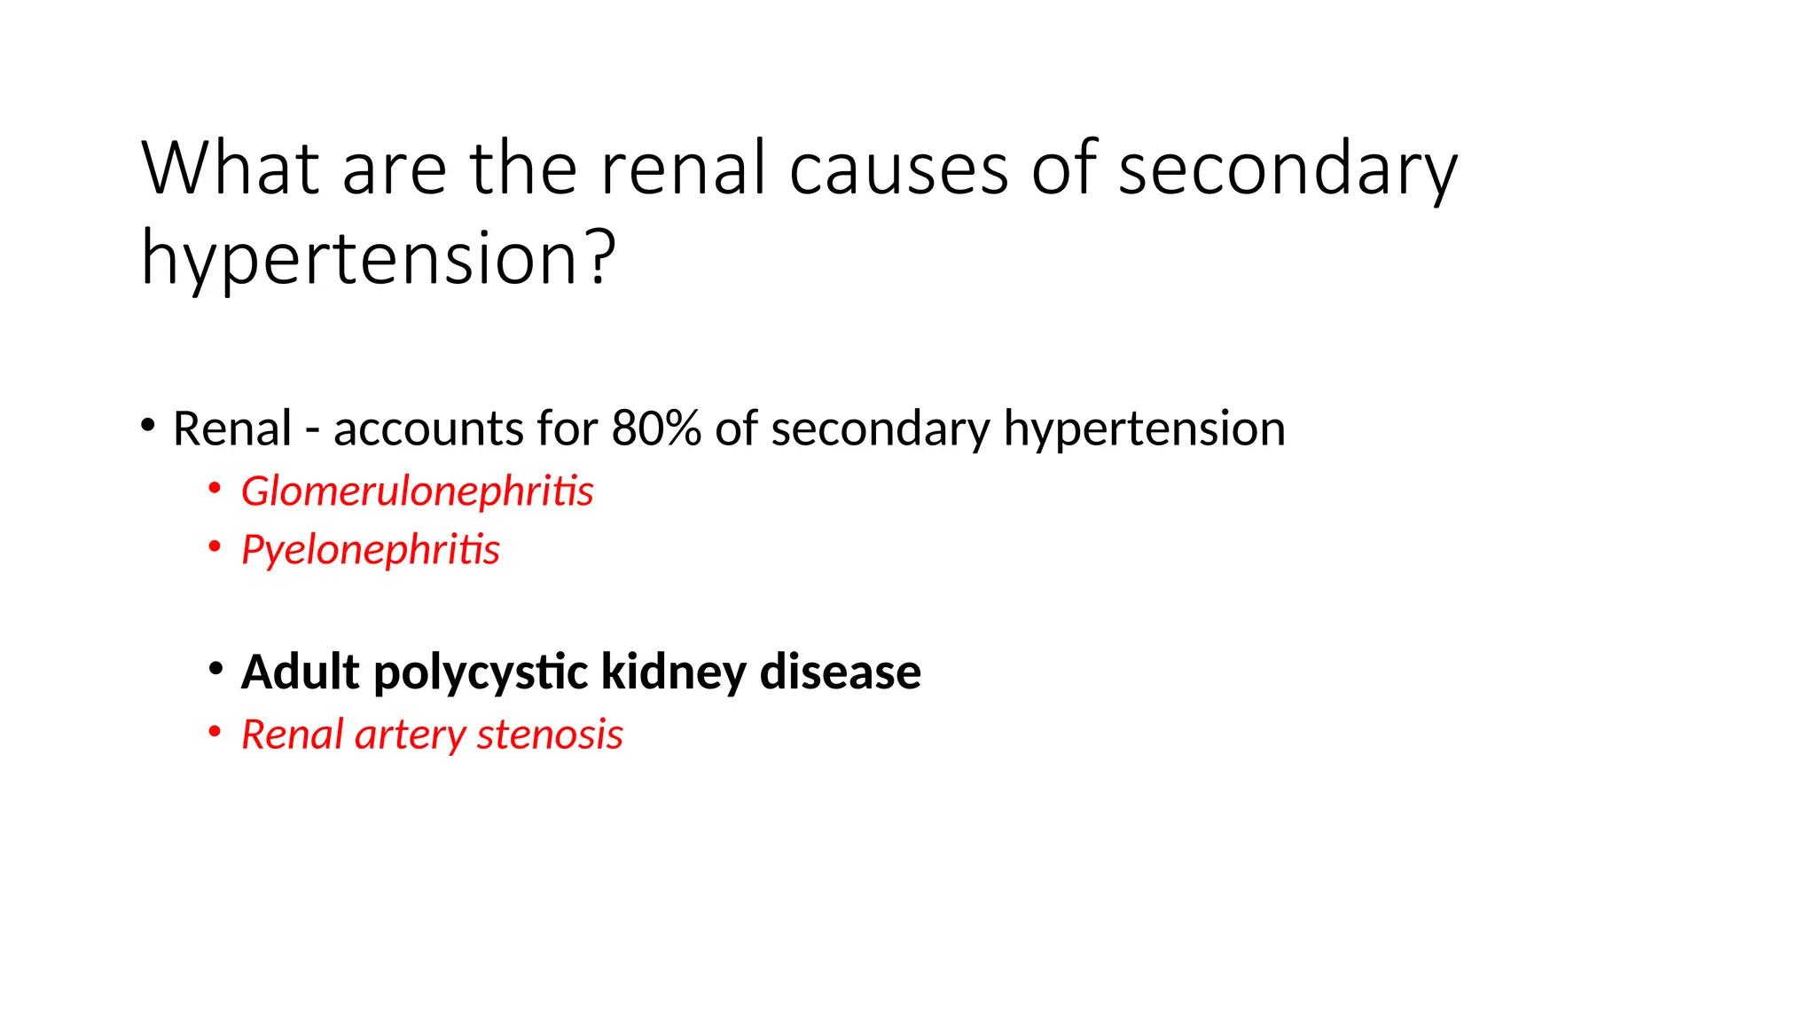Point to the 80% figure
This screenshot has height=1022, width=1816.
click(655, 428)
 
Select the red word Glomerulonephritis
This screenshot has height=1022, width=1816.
click(417, 491)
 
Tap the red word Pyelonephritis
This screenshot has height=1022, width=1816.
click(370, 549)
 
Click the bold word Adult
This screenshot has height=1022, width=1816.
click(301, 672)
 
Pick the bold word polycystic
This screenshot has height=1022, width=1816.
click(481, 672)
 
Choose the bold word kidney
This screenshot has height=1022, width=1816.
click(674, 672)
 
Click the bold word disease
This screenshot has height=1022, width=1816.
click(840, 672)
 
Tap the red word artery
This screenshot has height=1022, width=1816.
click(410, 735)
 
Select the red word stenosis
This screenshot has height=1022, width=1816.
click(550, 735)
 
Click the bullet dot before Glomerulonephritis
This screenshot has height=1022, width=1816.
click(215, 488)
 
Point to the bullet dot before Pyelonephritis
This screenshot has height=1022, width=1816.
click(215, 546)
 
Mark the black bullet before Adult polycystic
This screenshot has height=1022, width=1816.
click(215, 668)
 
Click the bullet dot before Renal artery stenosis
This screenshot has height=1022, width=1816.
click(215, 732)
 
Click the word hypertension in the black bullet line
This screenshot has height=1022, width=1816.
click(1144, 428)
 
